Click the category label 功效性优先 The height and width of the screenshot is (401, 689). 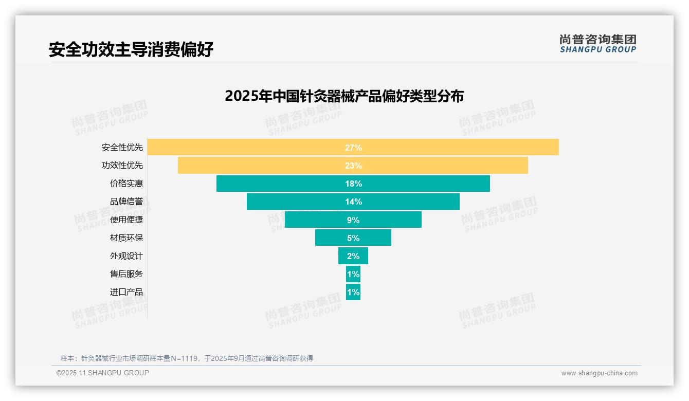[122, 166]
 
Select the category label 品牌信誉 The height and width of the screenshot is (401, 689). [126, 202]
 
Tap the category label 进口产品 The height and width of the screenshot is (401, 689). [126, 292]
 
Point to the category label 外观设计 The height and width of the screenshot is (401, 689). [126, 256]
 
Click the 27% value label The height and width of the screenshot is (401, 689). [353, 148]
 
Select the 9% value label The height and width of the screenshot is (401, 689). [353, 220]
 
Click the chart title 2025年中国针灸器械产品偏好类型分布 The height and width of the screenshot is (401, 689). [344, 96]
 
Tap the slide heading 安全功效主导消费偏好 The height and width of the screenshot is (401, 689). [131, 49]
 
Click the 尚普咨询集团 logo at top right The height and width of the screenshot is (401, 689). [597, 44]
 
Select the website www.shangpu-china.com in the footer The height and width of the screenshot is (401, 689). [599, 373]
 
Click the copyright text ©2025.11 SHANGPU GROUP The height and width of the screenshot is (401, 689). [103, 373]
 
